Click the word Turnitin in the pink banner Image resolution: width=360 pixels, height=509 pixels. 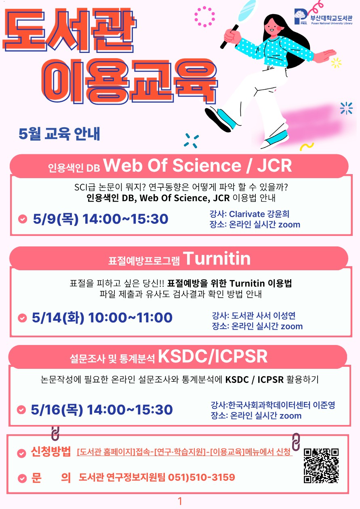217,259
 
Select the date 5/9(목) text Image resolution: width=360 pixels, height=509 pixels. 56,219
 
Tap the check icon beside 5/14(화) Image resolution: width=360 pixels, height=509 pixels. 22,318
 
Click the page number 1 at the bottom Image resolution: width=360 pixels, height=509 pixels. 180,501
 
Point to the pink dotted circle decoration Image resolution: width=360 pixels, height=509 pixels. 204,17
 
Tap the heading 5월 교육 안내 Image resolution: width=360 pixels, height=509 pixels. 59,134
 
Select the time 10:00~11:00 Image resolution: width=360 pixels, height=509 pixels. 130,318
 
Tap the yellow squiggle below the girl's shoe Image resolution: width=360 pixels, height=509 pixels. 307,146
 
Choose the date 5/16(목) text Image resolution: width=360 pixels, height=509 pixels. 57,410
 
